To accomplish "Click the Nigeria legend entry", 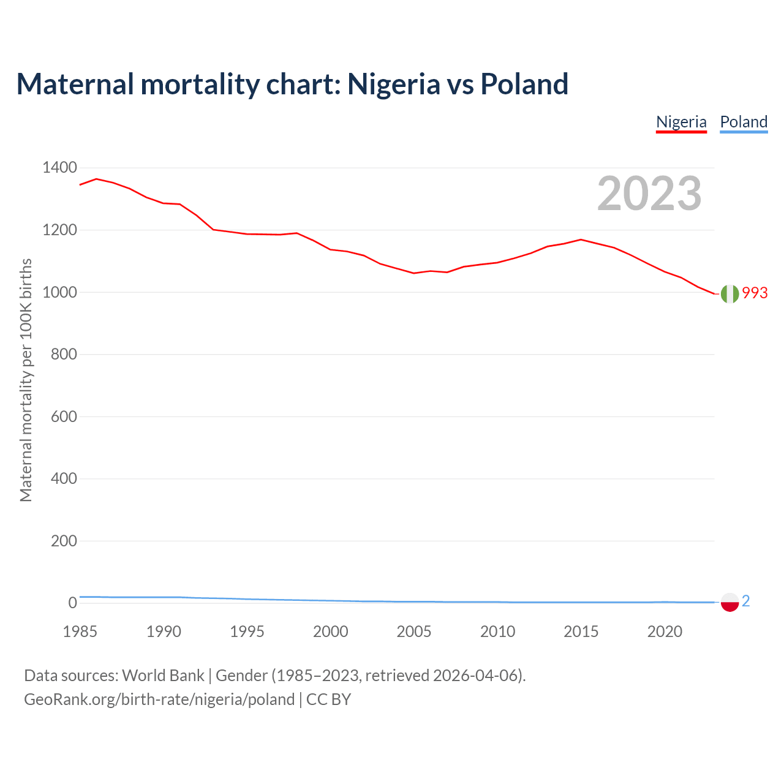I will (x=681, y=122).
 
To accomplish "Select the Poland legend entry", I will (x=744, y=122).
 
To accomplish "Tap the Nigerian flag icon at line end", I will (x=729, y=294).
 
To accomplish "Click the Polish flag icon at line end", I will (x=729, y=602).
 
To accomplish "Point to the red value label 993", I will (x=755, y=293).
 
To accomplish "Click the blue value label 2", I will (x=745, y=601).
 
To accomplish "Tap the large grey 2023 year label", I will (x=649, y=194).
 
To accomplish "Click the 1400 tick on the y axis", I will (x=59, y=168).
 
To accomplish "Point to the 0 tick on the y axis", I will (x=73, y=603).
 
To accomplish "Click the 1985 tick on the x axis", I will (x=80, y=631).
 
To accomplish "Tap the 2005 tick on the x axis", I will (x=414, y=631).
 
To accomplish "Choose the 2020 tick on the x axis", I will (x=665, y=631).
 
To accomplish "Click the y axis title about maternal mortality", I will (x=26, y=380).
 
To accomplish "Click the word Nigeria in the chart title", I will (x=393, y=84).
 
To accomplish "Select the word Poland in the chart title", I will (x=524, y=84).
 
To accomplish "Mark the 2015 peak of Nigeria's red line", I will (x=581, y=239).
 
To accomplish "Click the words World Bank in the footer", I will (x=163, y=676).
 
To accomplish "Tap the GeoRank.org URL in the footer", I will (x=159, y=699).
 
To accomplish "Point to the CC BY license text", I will (x=329, y=699).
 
